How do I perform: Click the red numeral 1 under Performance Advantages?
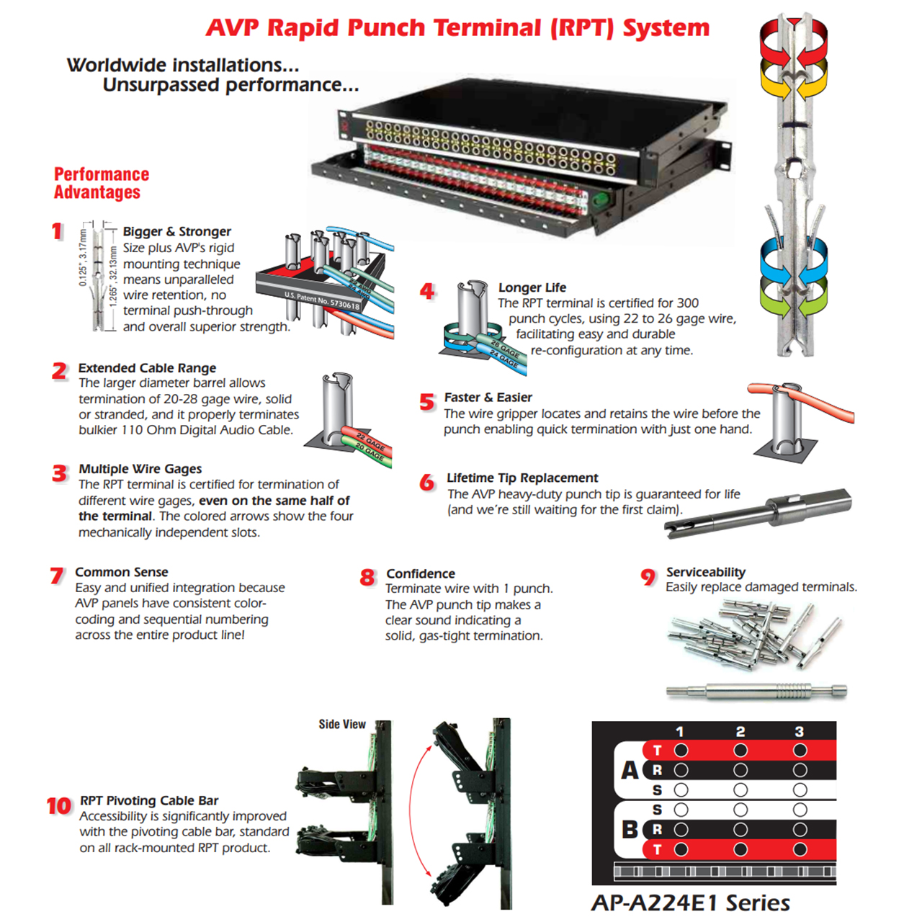(57, 231)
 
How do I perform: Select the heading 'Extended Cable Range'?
(147, 368)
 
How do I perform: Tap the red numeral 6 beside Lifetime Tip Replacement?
(427, 482)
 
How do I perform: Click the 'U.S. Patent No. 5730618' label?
(321, 300)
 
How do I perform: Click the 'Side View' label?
(342, 724)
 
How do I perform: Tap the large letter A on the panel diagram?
(630, 770)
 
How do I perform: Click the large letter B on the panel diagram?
(630, 830)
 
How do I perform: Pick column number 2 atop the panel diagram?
(740, 732)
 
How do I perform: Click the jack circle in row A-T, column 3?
(800, 751)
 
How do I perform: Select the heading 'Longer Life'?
(532, 287)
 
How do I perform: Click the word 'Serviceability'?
(705, 572)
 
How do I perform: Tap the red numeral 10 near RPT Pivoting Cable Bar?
(59, 806)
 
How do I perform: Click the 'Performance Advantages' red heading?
(102, 183)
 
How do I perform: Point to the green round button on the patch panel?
(600, 200)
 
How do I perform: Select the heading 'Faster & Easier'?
(488, 398)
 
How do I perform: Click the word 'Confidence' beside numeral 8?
(421, 573)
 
